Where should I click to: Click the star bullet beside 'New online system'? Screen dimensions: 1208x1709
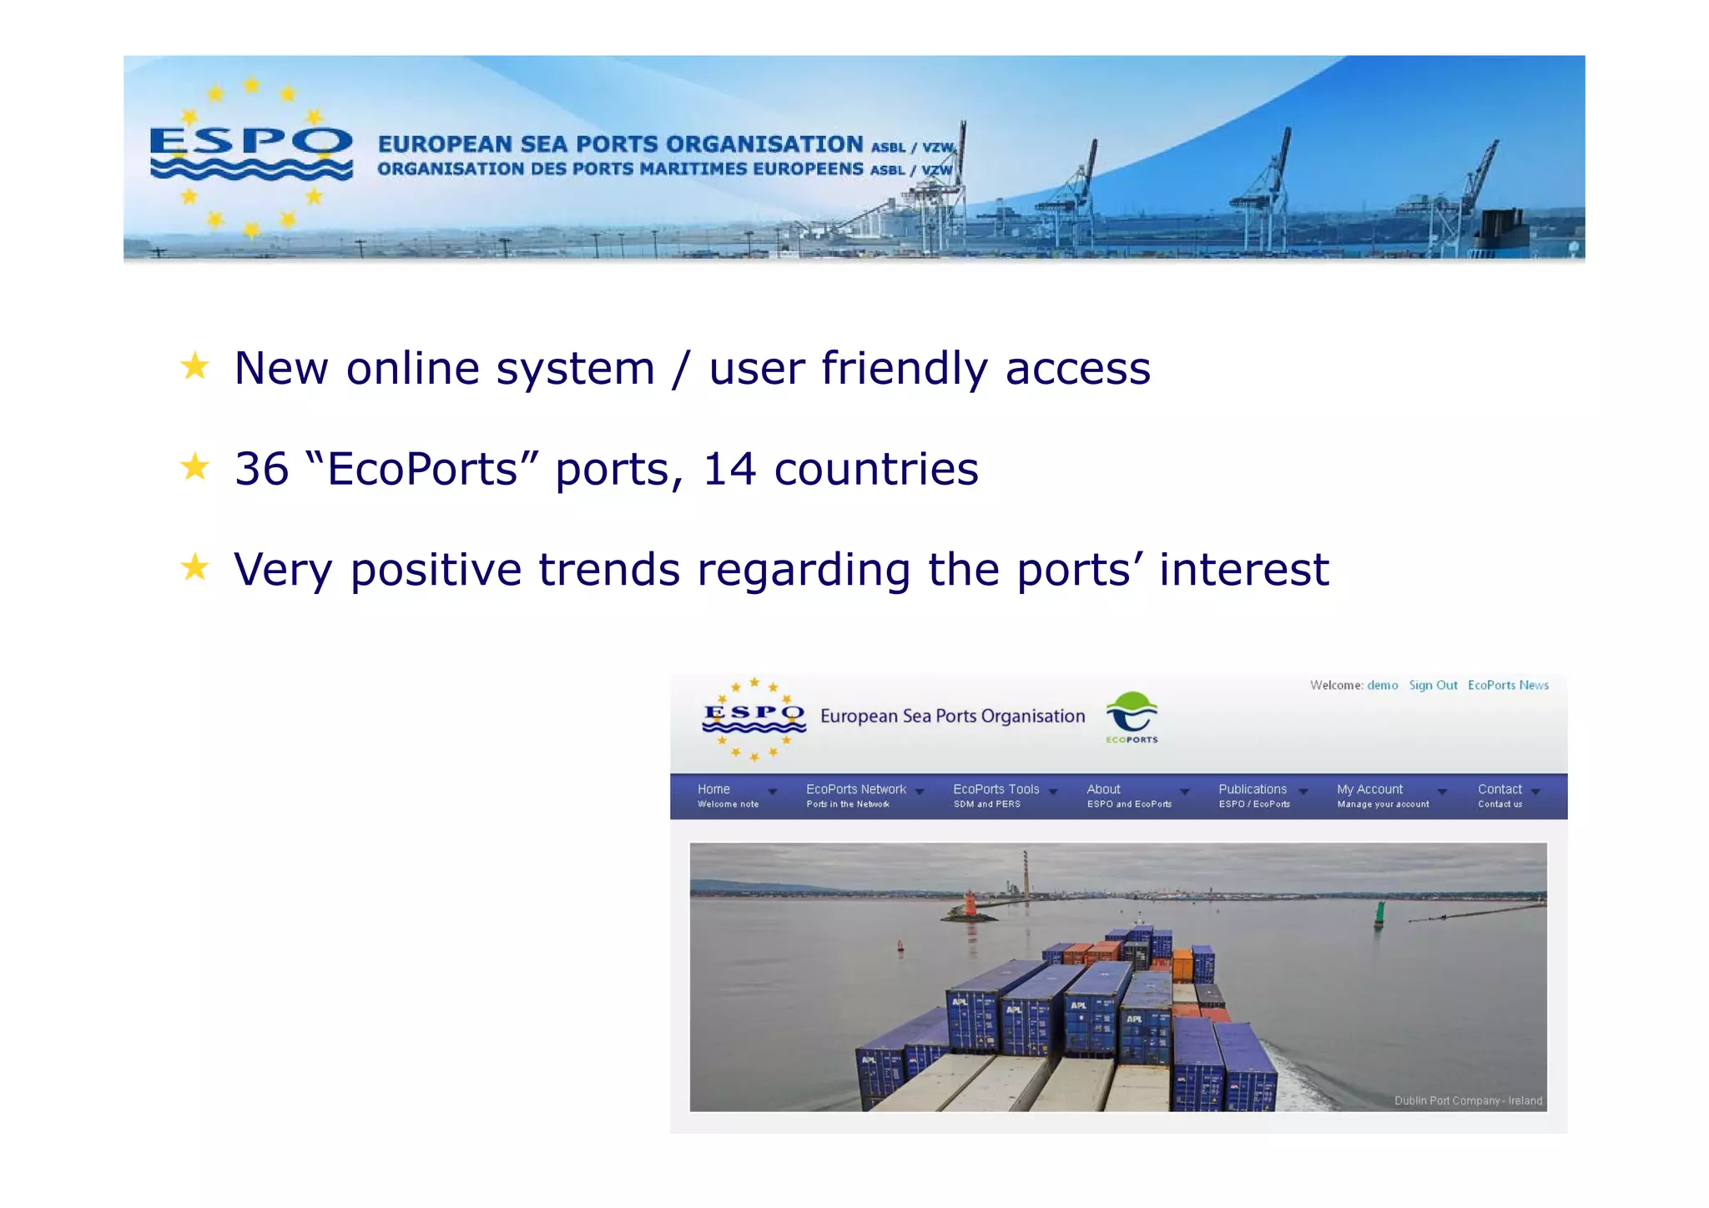coord(194,366)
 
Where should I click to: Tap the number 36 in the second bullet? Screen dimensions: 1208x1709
coord(261,469)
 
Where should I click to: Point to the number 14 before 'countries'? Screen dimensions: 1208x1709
coord(728,469)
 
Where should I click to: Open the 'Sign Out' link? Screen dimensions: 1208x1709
coord(1432,685)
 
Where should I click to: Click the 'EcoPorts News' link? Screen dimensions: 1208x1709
coord(1507,685)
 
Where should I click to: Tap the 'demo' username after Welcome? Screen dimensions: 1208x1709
coord(1382,685)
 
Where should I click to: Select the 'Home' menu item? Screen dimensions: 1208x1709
coord(714,789)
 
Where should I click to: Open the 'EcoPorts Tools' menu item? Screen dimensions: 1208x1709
coord(996,789)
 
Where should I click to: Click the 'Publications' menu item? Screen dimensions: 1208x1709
coord(1252,789)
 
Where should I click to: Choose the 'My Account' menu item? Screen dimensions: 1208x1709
coord(1369,789)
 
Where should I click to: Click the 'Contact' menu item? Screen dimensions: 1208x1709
coord(1499,789)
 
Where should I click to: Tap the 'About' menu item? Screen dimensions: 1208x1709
coord(1103,789)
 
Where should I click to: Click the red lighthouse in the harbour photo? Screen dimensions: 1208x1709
coord(970,905)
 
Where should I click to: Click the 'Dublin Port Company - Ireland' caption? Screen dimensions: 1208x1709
coord(1467,1100)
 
